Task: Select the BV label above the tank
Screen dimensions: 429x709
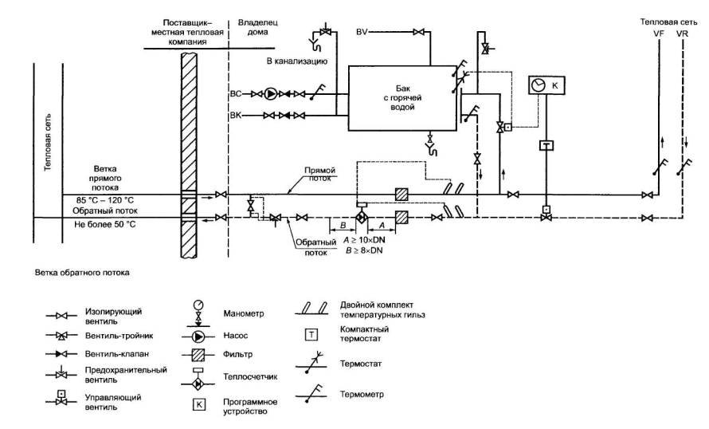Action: [x=362, y=32]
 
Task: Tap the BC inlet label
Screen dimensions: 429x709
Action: [x=235, y=94]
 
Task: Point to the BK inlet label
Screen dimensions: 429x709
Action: [x=235, y=116]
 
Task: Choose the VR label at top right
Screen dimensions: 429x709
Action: [x=682, y=35]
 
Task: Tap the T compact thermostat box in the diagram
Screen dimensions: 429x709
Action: [x=546, y=146]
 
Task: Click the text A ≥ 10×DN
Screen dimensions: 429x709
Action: [x=366, y=240]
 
